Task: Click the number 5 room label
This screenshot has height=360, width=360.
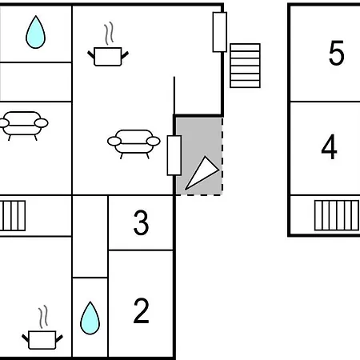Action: point(336,53)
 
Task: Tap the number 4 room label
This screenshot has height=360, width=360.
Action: point(330,146)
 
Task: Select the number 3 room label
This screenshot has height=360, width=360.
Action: point(141,222)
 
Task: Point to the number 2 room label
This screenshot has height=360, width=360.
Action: point(141,310)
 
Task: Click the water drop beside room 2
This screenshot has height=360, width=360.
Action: point(90,318)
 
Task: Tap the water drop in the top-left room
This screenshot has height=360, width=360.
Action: point(35,32)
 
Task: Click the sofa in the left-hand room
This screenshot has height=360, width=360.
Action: point(23,126)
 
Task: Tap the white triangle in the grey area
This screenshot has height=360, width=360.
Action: point(203,173)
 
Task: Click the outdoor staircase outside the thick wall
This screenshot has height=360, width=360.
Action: point(245,66)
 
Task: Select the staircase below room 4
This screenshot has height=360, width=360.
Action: point(337,215)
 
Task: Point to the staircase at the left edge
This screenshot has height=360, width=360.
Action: point(13,216)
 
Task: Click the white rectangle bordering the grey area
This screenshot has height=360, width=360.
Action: point(174,155)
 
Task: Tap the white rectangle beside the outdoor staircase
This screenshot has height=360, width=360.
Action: point(220,32)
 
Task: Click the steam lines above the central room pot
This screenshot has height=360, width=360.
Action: point(109,34)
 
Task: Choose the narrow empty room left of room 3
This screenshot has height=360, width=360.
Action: point(90,237)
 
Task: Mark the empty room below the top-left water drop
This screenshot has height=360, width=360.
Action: point(36,82)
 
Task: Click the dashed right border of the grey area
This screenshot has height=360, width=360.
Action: point(222,156)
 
